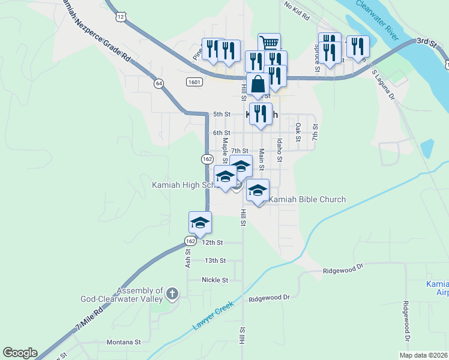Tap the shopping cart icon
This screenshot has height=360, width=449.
click(270, 43)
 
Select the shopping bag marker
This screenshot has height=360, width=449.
click(258, 83)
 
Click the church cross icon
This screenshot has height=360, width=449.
click(172, 293)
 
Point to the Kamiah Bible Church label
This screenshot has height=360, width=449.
click(307, 199)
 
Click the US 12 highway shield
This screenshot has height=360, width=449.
click(121, 17)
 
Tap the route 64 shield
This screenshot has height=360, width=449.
click(158, 83)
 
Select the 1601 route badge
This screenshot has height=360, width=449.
click(193, 82)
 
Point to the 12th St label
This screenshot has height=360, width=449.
click(212, 242)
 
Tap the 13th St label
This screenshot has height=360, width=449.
click(215, 260)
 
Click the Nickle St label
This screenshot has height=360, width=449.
click(215, 280)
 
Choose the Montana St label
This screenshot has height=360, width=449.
click(123, 342)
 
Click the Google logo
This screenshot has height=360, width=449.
click(20, 353)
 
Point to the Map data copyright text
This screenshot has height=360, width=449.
click(424, 355)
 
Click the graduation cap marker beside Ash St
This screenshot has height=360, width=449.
click(200, 223)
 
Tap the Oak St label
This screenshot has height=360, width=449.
click(298, 133)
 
